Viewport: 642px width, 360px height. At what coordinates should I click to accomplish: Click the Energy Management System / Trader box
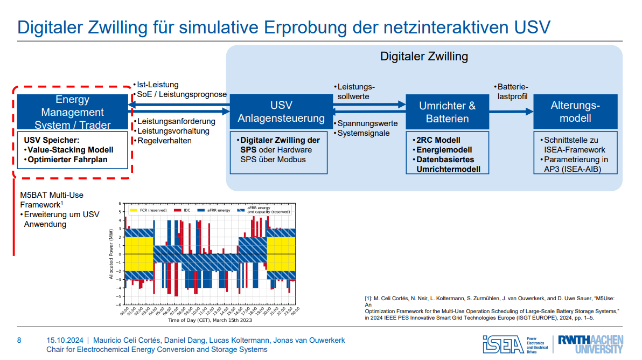[72, 112]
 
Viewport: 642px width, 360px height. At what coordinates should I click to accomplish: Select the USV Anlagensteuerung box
[281, 112]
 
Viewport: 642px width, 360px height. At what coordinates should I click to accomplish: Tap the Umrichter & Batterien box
[448, 112]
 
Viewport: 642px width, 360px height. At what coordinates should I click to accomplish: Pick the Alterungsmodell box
[575, 112]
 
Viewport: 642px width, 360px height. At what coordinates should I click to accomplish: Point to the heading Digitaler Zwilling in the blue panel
[424, 56]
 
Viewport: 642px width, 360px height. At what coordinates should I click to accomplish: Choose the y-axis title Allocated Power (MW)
[112, 253]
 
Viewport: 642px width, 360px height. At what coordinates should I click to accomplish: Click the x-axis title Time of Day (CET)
[210, 320]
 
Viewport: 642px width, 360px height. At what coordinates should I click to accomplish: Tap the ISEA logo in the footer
[504, 343]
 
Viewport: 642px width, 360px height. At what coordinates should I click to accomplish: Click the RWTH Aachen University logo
[590, 343]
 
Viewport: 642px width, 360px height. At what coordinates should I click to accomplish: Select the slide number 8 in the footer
[19, 340]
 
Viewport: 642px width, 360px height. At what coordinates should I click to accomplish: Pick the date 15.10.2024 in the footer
[65, 340]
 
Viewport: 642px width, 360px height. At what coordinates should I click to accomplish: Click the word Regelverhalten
[164, 141]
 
